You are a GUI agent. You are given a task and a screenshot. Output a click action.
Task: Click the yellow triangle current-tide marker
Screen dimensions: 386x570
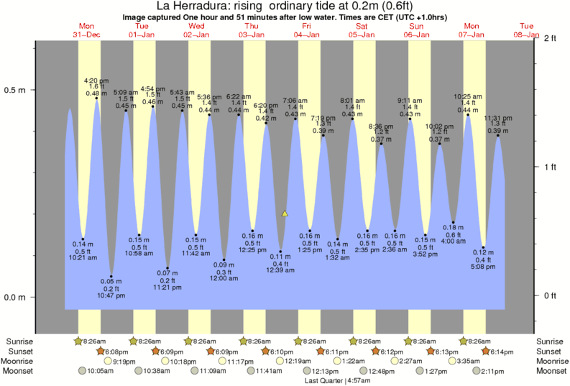pos(285,213)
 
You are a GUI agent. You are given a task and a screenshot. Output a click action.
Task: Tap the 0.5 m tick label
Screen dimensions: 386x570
pos(15,91)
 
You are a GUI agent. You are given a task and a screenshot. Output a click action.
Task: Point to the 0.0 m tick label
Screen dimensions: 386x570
pos(15,298)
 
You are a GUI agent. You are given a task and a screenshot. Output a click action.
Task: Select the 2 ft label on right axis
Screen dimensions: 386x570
pos(551,39)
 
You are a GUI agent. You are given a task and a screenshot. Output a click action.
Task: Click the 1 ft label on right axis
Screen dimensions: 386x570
pos(551,167)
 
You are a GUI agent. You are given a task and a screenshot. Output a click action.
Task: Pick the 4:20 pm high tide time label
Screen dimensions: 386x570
pos(96,80)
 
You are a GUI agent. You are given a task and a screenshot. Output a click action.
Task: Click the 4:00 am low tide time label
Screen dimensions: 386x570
pos(454,241)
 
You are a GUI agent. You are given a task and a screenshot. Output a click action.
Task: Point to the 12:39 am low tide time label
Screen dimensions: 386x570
pos(280,270)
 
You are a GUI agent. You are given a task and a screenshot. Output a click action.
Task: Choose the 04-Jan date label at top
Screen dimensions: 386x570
pos(307,34)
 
